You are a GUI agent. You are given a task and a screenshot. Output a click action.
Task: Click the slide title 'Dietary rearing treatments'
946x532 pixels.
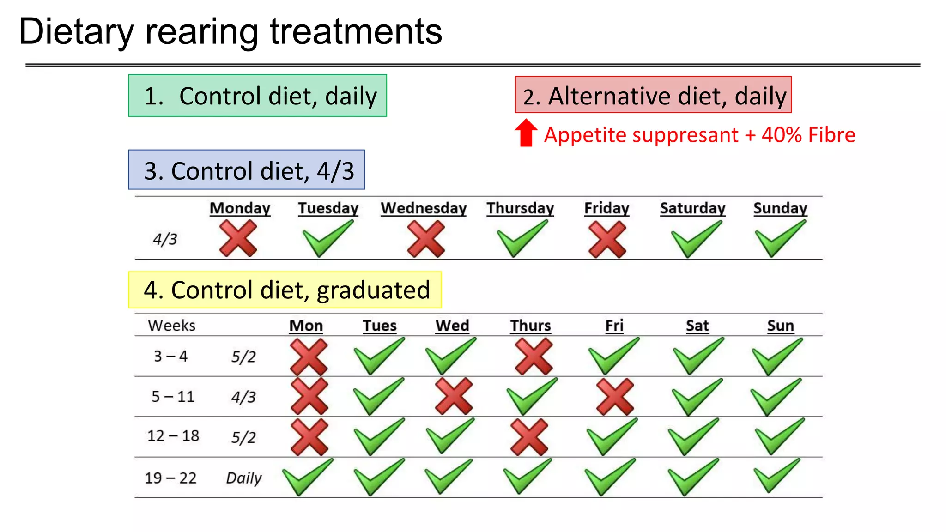(230, 31)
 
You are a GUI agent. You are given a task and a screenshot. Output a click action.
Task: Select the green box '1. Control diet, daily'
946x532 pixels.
(257, 96)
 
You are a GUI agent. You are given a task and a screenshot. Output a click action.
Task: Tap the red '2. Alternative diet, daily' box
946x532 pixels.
(653, 95)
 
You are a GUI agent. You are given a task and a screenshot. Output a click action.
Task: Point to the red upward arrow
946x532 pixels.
(526, 133)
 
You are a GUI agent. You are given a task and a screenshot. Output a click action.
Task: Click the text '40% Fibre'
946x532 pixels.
(808, 135)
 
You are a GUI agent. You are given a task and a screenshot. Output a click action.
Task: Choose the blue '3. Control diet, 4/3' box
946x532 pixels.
(246, 170)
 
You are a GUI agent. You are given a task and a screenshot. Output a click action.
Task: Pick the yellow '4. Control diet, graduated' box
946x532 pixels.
(285, 290)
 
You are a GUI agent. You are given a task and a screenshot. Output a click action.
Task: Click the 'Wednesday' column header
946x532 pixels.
(423, 208)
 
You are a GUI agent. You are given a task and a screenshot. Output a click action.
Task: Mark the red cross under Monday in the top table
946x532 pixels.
(238, 238)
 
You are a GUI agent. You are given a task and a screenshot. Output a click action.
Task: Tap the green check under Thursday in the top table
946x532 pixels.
(521, 238)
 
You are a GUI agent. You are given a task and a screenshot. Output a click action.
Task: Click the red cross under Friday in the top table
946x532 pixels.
(607, 239)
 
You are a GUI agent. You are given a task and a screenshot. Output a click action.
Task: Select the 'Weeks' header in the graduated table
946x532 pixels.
(171, 326)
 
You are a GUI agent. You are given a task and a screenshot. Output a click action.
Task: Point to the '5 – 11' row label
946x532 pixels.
(173, 397)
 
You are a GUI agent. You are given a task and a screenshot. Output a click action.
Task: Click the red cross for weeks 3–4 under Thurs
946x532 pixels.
(534, 356)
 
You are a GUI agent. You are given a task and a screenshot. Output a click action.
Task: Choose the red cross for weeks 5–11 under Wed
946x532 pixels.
(454, 396)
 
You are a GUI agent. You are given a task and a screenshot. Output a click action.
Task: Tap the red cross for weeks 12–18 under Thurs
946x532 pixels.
(529, 437)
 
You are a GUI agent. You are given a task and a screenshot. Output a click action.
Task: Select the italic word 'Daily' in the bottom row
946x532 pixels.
(243, 478)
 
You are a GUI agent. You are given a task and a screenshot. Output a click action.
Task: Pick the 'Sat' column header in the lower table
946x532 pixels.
(697, 326)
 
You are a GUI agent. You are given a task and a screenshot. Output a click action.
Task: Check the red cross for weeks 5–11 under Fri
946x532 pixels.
(615, 397)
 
